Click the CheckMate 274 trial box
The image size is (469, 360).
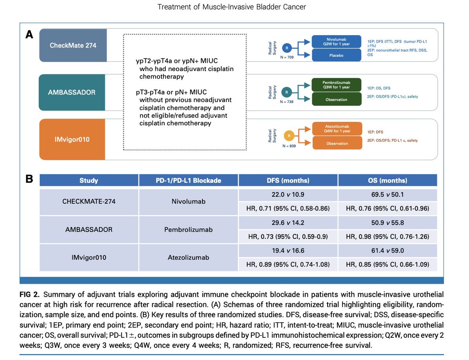[x=73, y=45]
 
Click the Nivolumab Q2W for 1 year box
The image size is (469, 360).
[x=337, y=41]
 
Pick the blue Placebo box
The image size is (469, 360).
[x=337, y=55]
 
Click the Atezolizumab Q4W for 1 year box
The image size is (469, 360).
[x=337, y=129]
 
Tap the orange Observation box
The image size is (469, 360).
[x=337, y=143]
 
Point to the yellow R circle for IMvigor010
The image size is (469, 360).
[x=289, y=136]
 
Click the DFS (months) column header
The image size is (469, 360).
[x=288, y=180]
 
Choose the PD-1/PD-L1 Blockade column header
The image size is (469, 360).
[x=188, y=180]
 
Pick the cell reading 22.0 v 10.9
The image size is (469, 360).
[x=288, y=194]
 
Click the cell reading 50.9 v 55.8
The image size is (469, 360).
[x=387, y=223]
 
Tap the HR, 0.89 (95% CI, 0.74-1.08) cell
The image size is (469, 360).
[x=288, y=265]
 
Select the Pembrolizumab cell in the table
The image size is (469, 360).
[x=188, y=230]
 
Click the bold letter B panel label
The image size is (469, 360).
[x=29, y=179]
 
